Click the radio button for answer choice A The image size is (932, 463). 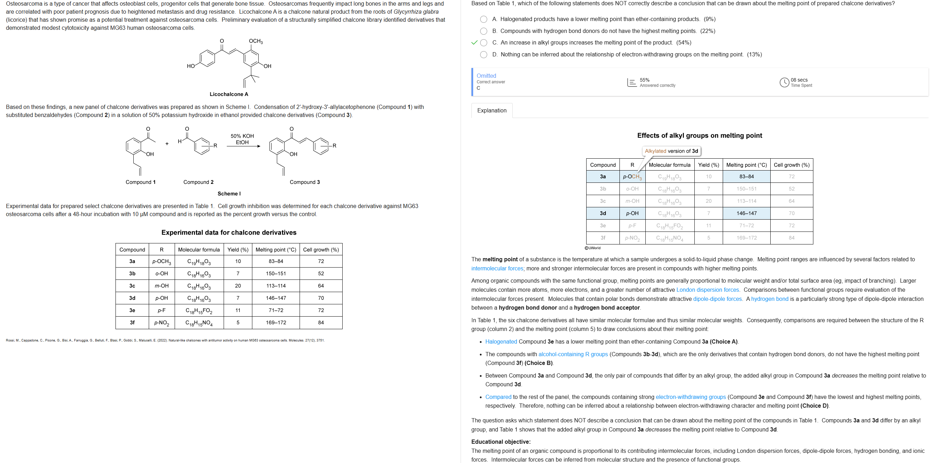click(x=483, y=19)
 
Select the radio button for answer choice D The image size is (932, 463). click(x=483, y=55)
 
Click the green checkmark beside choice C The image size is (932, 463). click(x=474, y=43)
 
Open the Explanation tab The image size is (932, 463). click(x=492, y=110)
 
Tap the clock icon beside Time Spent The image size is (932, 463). click(x=784, y=83)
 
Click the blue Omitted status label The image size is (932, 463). click(x=486, y=76)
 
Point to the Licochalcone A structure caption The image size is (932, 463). click(x=229, y=94)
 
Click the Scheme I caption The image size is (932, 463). click(x=229, y=194)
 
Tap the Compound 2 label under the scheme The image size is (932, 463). click(x=198, y=182)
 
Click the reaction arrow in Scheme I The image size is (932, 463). click(x=243, y=146)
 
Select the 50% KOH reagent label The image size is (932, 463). click(x=242, y=136)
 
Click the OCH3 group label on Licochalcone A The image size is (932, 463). click(x=256, y=41)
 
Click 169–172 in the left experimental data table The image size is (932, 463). click(x=276, y=323)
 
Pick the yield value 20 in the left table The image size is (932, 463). click(x=238, y=286)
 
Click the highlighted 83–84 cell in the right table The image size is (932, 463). click(x=747, y=177)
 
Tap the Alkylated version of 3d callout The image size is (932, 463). click(x=671, y=151)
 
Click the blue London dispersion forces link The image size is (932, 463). click(x=708, y=290)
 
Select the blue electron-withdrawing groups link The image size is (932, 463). click(x=690, y=397)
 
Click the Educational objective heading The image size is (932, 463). click(x=501, y=442)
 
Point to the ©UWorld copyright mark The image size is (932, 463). click(x=592, y=248)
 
